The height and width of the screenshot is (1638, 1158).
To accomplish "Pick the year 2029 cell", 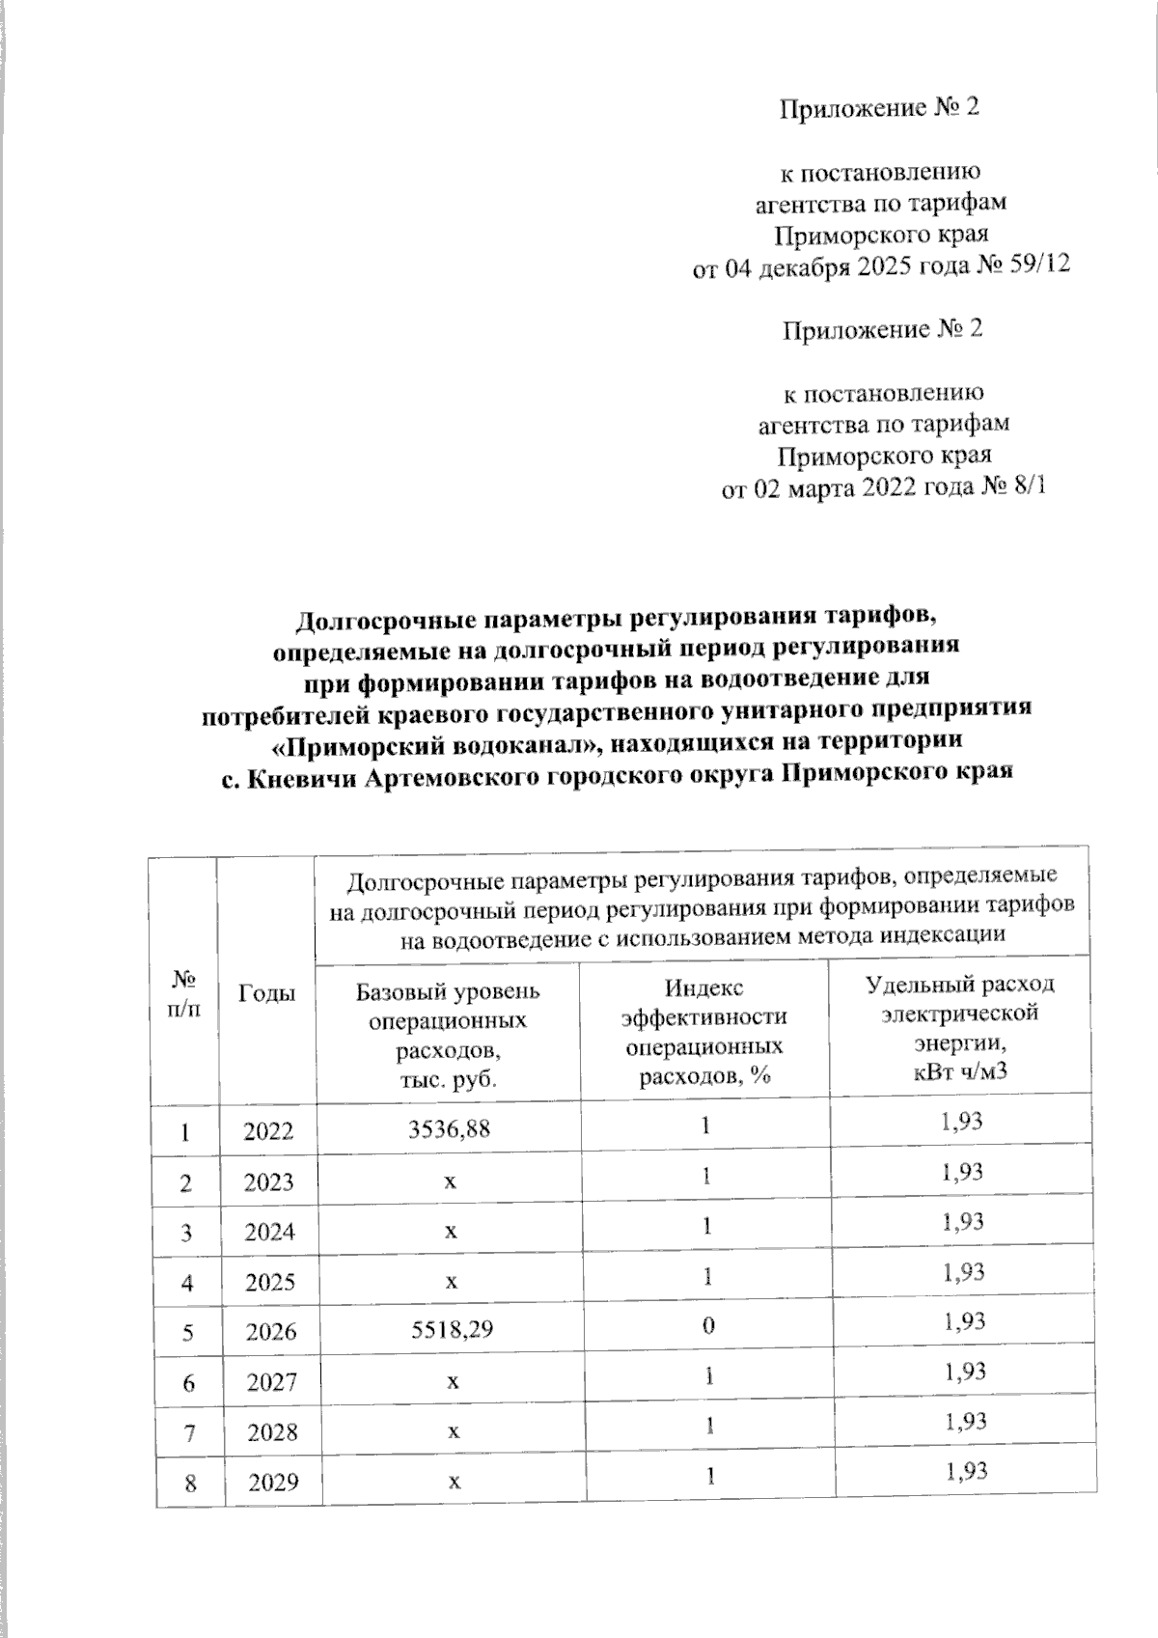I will point(272,1483).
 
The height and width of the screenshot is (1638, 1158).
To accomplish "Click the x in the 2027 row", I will point(450,1382).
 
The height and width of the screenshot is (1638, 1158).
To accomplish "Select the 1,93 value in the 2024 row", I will point(964,1221).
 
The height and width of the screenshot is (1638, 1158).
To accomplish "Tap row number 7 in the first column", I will point(191,1432).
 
